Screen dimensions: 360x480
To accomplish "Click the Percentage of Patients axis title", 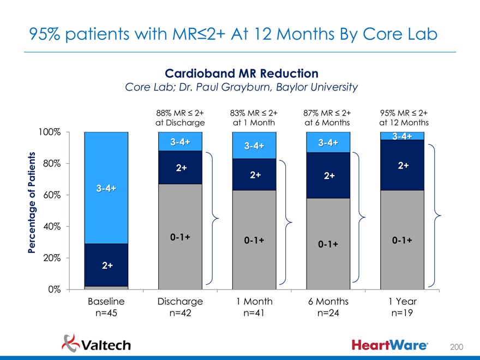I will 32,202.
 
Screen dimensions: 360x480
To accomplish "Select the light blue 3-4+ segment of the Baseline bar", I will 106,188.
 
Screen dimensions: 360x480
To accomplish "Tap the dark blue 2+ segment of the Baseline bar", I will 106,265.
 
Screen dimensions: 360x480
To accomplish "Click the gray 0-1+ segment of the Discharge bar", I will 180,237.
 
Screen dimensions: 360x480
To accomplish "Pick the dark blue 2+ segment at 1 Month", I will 254,175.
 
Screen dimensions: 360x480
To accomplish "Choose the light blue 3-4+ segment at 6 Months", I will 328,142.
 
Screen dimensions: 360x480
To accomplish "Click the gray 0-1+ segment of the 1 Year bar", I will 401,239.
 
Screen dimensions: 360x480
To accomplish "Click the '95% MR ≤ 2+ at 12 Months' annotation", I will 404,118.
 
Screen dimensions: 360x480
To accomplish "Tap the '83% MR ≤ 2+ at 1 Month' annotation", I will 254,118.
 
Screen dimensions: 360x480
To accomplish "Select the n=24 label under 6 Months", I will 328,314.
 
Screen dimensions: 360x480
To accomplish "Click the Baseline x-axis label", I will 106,301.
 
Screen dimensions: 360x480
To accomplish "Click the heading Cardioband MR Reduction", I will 241,73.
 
